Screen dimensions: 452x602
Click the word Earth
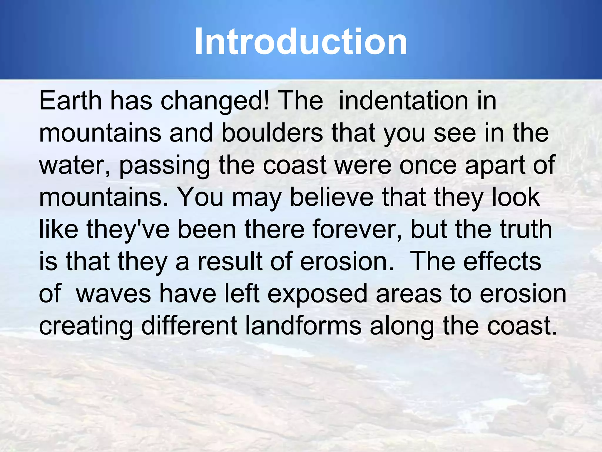tap(70, 101)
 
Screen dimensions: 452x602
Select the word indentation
tap(403, 101)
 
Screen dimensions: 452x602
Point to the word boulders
tap(272, 133)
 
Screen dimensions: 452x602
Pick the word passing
tap(165, 165)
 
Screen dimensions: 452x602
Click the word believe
tap(332, 197)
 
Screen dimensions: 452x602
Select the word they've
tap(128, 230)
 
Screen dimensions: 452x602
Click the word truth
tap(526, 230)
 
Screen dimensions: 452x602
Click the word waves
tap(113, 294)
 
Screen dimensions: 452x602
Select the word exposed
tap(317, 294)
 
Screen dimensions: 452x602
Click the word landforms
tap(303, 326)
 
